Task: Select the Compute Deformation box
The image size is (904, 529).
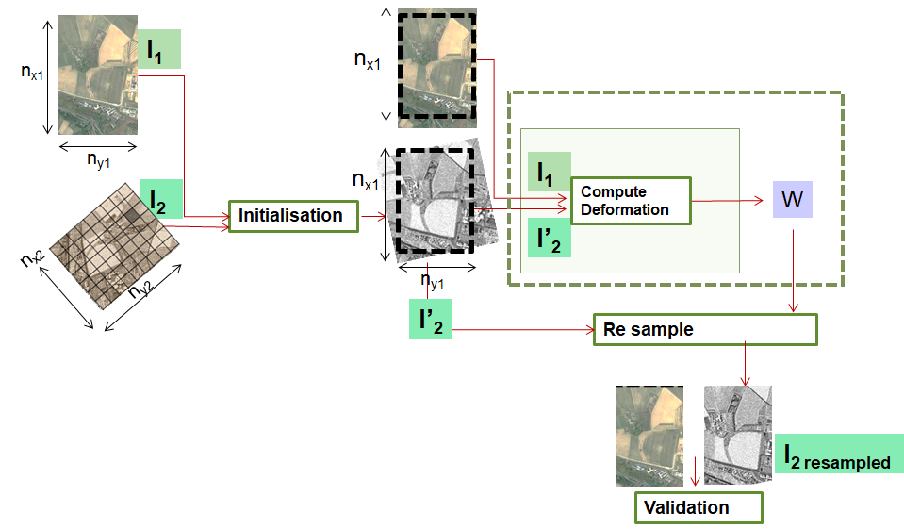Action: (630, 200)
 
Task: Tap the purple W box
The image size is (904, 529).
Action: (792, 200)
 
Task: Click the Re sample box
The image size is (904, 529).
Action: (704, 330)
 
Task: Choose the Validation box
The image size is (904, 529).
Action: (698, 507)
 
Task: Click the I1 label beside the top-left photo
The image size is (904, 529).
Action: (160, 49)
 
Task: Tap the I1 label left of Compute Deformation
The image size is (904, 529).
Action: (550, 173)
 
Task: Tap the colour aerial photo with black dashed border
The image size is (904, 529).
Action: (437, 65)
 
